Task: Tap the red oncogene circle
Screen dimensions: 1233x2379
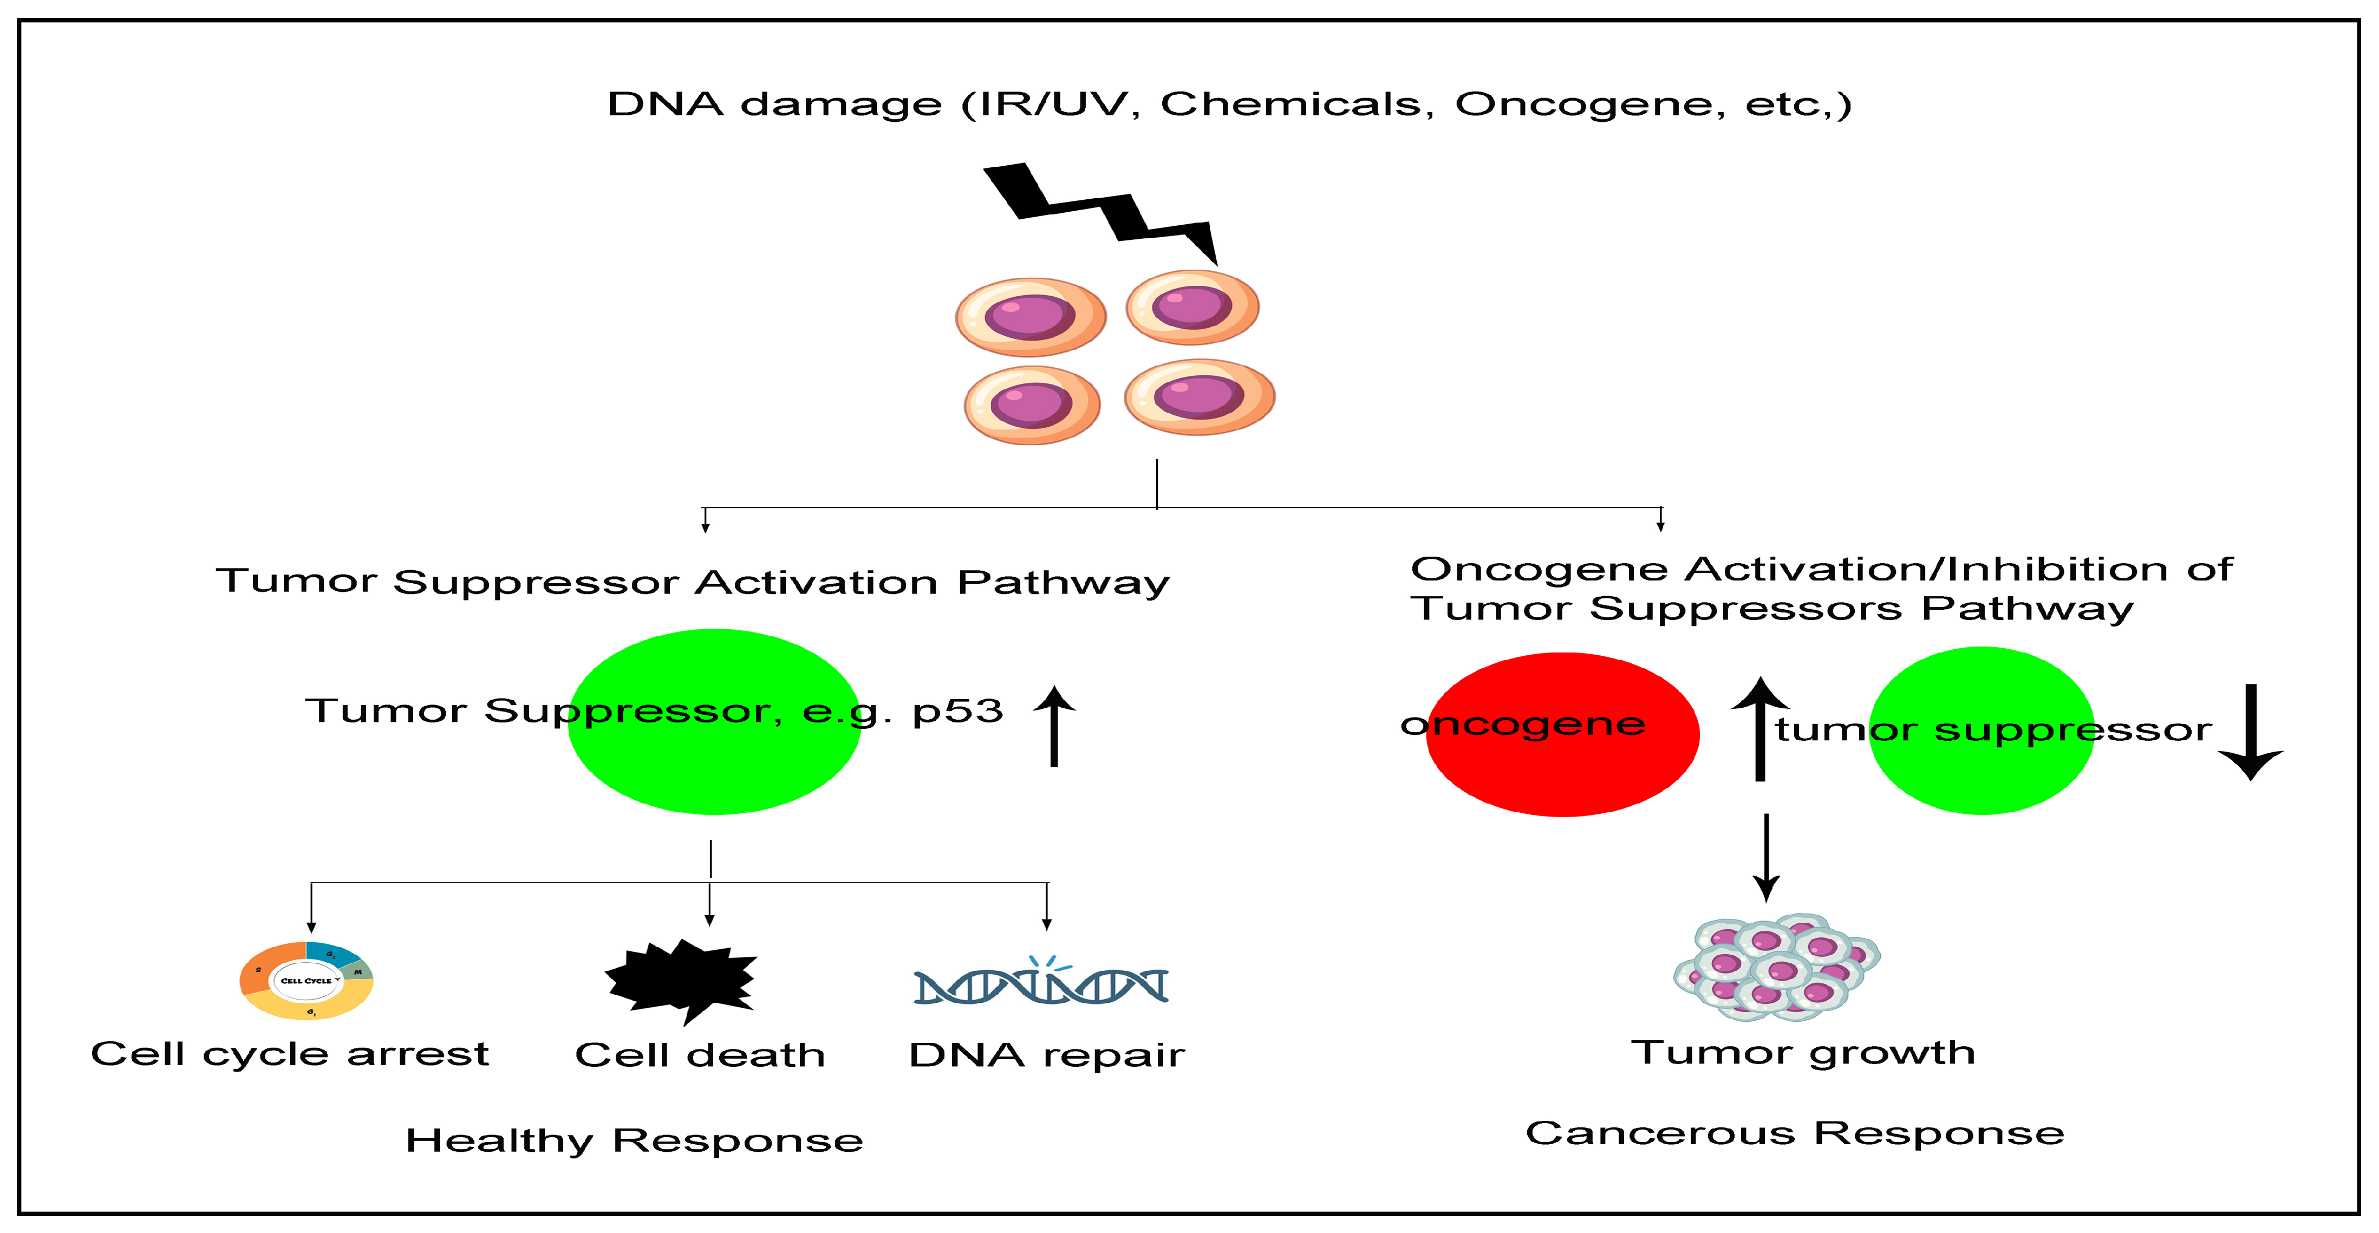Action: [1562, 767]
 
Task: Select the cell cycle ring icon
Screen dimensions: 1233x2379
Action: [307, 980]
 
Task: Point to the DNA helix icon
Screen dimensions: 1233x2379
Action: [1041, 983]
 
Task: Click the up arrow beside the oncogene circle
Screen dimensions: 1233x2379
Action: [1760, 729]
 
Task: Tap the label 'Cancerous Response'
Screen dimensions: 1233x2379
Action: [1795, 1133]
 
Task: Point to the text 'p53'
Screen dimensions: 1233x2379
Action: [957, 711]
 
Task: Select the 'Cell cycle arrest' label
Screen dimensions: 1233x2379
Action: [290, 1054]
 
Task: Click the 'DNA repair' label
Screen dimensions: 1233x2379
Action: [1046, 1055]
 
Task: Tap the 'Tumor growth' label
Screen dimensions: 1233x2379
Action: [1803, 1053]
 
